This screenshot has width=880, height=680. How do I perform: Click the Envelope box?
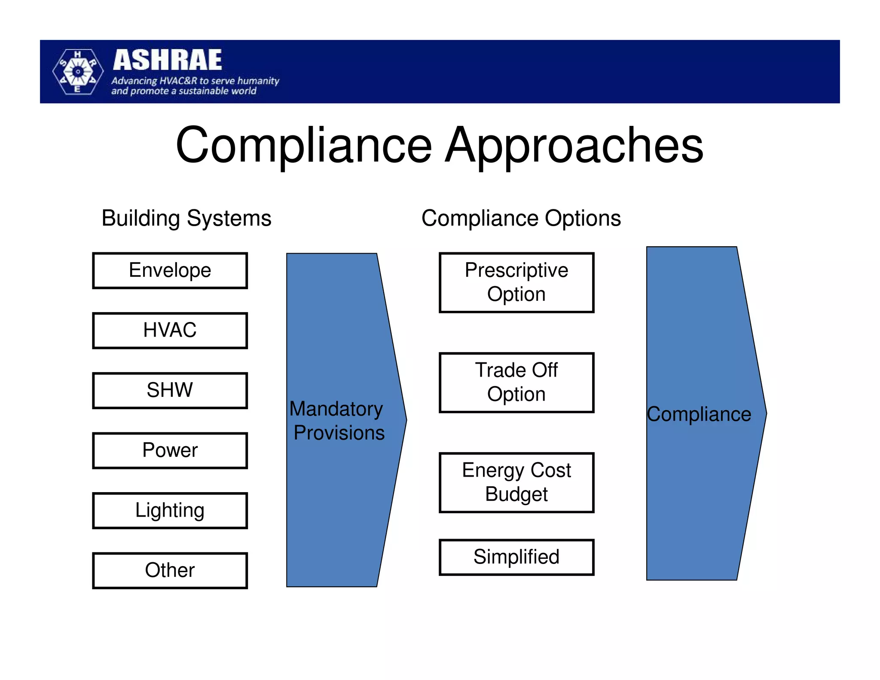[170, 270]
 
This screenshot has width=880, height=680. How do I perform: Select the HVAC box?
[170, 330]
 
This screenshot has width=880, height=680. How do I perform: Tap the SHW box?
[170, 390]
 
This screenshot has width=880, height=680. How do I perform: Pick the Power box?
[170, 450]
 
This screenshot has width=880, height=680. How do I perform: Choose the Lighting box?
[170, 510]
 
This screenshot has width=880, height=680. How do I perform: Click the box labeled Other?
[170, 570]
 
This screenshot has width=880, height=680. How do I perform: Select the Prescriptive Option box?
[516, 282]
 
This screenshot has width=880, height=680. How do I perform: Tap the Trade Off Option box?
[516, 382]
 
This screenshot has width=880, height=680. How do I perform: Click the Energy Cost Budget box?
[516, 482]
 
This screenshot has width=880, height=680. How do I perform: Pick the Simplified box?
[516, 557]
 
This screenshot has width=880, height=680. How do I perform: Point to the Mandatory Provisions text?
[338, 420]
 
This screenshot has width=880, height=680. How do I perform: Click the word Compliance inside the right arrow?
[699, 414]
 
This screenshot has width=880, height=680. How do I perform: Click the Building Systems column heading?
[186, 218]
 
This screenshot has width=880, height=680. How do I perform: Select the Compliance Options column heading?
[521, 218]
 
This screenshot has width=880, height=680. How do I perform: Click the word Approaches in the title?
[574, 146]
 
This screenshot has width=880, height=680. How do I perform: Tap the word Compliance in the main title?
[304, 146]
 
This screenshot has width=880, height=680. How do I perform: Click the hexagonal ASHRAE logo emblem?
[78, 71]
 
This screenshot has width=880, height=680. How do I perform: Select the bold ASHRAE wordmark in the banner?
[168, 60]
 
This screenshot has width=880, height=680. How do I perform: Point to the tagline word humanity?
[258, 81]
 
